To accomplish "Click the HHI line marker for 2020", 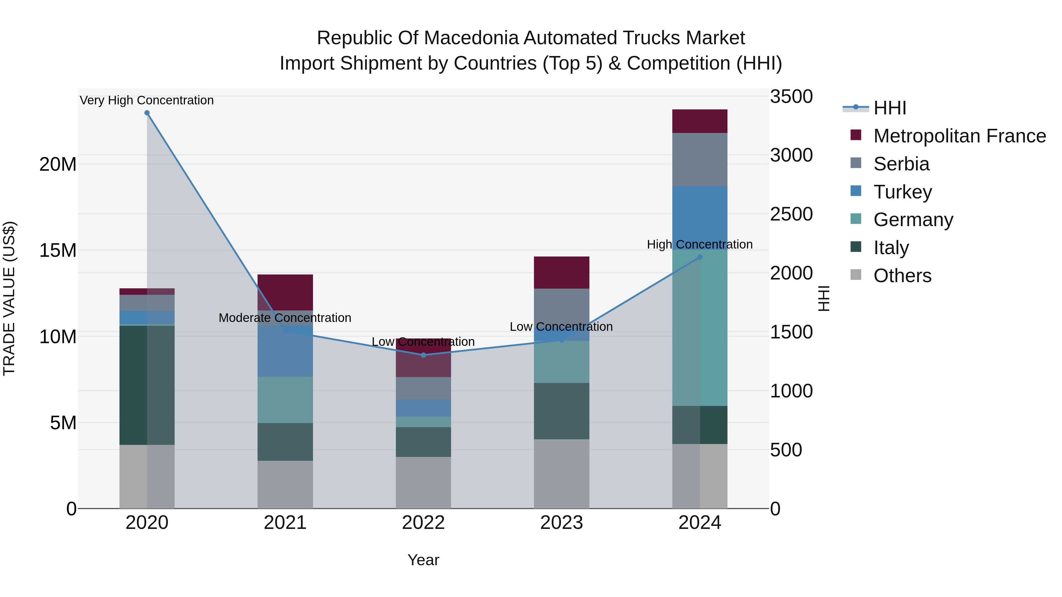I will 147,113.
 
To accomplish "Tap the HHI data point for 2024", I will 700,257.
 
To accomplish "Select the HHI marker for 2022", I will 423,355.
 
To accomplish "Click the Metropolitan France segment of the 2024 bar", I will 700,121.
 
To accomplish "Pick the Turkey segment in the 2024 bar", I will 700,218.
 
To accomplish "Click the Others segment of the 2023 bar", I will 561,474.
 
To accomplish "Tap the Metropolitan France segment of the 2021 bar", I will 285,292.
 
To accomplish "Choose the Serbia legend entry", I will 901,164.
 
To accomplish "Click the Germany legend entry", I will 913,220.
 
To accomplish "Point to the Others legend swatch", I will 856,275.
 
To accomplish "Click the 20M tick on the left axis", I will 58,165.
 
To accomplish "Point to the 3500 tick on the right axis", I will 791,97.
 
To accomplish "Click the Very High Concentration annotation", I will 147,100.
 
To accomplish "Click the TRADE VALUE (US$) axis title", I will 9,298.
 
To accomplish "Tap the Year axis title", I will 423,560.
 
